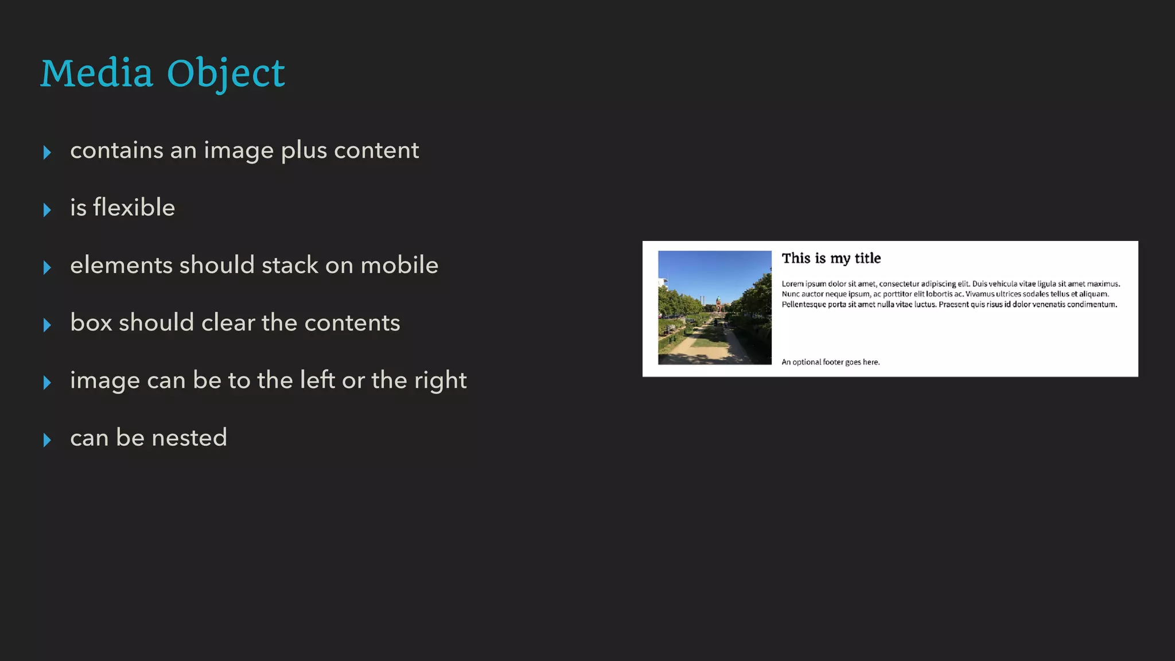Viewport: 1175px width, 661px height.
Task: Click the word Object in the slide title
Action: pyautogui.click(x=225, y=75)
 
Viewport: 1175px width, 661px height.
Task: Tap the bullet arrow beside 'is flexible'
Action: pyautogui.click(x=47, y=209)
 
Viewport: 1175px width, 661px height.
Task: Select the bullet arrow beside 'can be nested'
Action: pyautogui.click(x=47, y=440)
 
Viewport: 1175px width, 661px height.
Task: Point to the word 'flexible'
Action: pyautogui.click(x=134, y=207)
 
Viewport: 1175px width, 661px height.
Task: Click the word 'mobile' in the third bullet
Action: pyautogui.click(x=399, y=265)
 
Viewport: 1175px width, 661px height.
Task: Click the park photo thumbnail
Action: pyautogui.click(x=714, y=308)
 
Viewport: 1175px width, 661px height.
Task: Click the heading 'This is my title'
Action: pyautogui.click(x=831, y=258)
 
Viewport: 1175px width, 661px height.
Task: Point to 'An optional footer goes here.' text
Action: pyautogui.click(x=830, y=362)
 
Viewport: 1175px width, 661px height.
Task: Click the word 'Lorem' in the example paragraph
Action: pyautogui.click(x=792, y=283)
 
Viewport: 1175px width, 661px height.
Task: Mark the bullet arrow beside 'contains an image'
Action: pyautogui.click(x=47, y=152)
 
